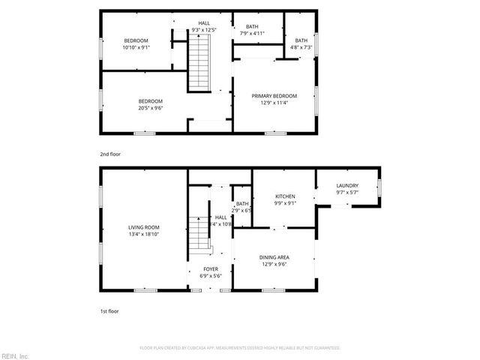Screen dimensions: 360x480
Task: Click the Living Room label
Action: click(143, 227)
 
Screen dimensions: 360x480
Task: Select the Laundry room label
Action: click(346, 185)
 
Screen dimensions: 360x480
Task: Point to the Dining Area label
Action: click(274, 257)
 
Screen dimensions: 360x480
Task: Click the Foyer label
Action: click(211, 268)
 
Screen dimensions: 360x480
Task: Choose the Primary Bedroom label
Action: click(274, 96)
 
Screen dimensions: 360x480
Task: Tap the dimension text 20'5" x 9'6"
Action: click(150, 108)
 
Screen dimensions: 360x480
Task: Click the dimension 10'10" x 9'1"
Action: click(136, 47)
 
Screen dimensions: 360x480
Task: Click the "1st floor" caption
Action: click(109, 310)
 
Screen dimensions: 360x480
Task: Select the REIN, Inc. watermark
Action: click(15, 355)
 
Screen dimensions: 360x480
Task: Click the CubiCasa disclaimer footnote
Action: click(240, 347)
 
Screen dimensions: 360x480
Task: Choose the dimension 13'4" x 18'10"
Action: click(143, 235)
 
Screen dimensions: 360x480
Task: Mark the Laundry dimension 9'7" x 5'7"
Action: click(346, 193)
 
